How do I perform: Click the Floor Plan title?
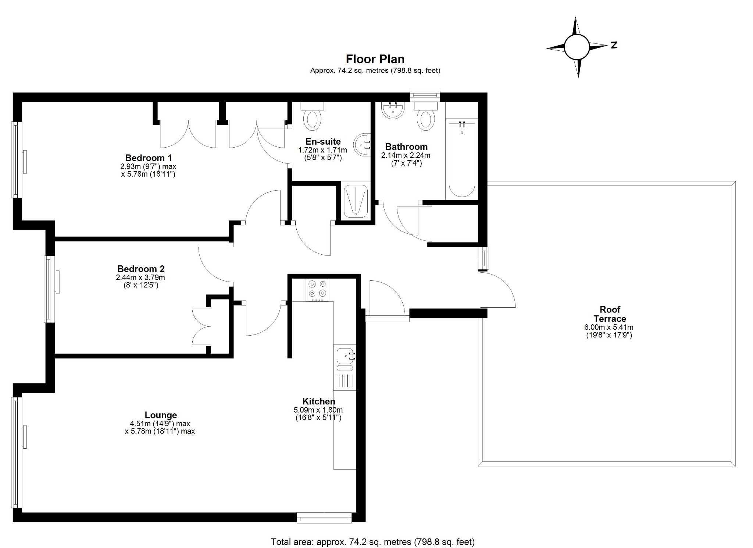click(x=375, y=59)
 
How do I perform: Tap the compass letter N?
click(x=614, y=45)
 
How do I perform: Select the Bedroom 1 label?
click(x=148, y=158)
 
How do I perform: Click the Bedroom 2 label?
click(x=141, y=269)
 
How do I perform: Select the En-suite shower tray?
click(x=356, y=201)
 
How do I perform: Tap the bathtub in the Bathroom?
click(x=462, y=158)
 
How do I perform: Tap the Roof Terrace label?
click(x=610, y=314)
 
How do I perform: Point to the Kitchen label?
click(x=318, y=401)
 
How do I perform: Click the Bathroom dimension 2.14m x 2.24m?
click(x=406, y=155)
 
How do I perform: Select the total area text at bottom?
click(x=372, y=542)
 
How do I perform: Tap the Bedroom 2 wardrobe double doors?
click(x=201, y=326)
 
